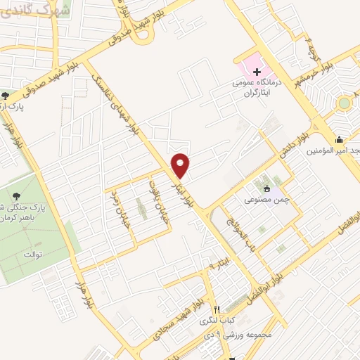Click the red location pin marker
click(181, 165)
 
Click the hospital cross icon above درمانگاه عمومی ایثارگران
click(257, 72)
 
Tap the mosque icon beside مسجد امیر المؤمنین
click(340, 139)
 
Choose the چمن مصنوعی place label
click(267, 199)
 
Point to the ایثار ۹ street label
click(220, 264)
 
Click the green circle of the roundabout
click(343, 104)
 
